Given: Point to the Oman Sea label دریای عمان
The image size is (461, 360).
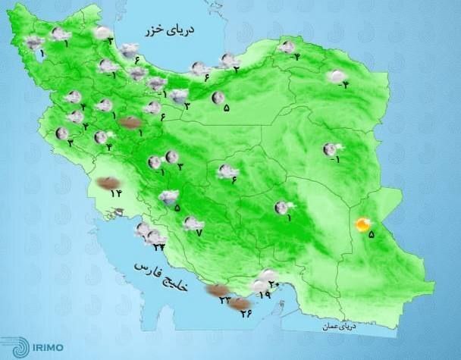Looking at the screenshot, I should [x=333, y=326].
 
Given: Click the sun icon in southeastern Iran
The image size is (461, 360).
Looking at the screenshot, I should [x=364, y=224].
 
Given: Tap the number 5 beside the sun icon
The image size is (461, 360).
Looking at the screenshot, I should [x=371, y=235].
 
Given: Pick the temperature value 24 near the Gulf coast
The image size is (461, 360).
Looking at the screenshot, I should [x=158, y=246].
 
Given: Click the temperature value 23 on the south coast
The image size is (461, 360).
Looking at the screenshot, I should [x=225, y=301].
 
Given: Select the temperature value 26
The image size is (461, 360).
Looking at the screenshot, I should [x=247, y=315].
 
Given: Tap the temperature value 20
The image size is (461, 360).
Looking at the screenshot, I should [x=274, y=285].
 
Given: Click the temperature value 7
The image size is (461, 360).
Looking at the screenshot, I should [x=199, y=232].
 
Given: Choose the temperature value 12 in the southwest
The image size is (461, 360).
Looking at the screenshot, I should [x=116, y=193].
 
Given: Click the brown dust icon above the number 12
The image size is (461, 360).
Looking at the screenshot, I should [x=108, y=183].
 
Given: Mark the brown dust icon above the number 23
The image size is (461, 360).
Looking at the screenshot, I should [x=218, y=290].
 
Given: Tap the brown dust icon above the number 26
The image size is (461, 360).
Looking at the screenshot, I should [x=240, y=304].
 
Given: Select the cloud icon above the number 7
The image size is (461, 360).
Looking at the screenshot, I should [x=193, y=223].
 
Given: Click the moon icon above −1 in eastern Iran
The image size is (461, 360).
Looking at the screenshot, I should [x=330, y=149].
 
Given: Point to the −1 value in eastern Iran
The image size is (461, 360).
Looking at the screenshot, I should [x=334, y=160].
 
